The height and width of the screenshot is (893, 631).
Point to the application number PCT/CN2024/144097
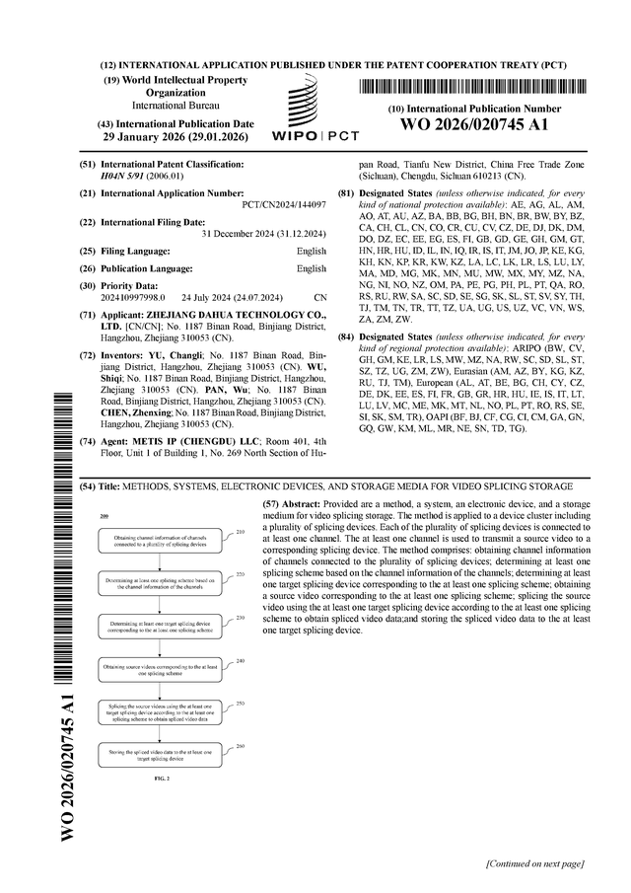[x=284, y=205]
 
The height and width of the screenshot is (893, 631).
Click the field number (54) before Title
[x=86, y=486]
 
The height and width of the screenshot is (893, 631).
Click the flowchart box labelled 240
[x=158, y=668]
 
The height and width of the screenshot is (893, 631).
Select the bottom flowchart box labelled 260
[x=158, y=755]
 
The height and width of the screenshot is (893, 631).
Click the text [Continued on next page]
[x=535, y=864]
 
